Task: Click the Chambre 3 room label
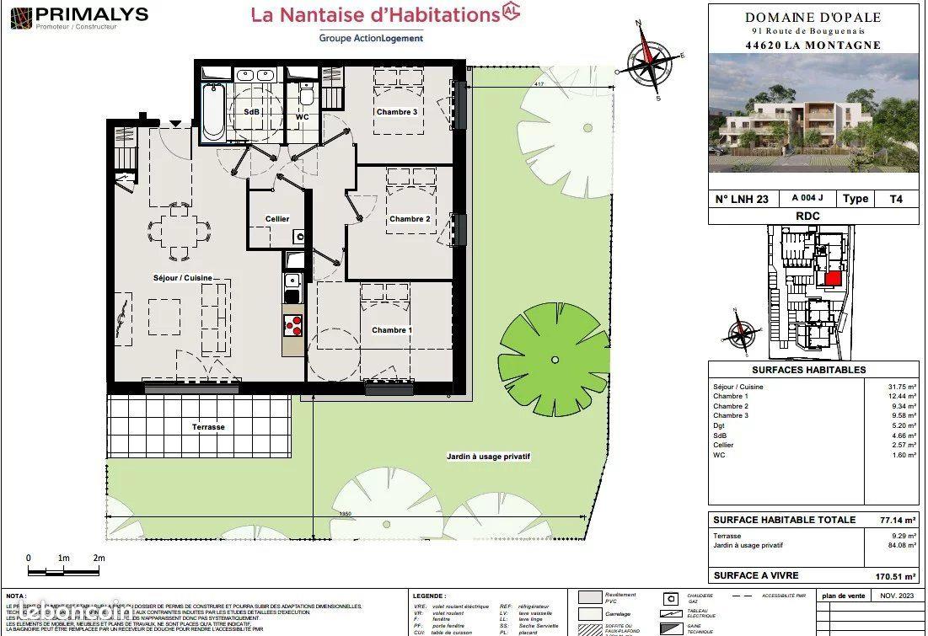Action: tap(397, 112)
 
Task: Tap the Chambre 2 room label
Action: tap(410, 219)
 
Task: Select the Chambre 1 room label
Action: tap(392, 330)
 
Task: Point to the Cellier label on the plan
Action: tap(277, 219)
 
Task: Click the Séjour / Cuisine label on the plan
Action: tap(182, 278)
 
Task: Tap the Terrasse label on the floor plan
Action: tap(208, 427)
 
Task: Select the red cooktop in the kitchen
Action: tap(292, 324)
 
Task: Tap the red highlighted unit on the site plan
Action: tap(832, 278)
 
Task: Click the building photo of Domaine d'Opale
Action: tap(813, 113)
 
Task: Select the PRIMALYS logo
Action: tap(80, 16)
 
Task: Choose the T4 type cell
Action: tap(896, 199)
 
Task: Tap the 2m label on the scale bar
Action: tap(99, 559)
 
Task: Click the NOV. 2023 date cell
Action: tap(895, 596)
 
